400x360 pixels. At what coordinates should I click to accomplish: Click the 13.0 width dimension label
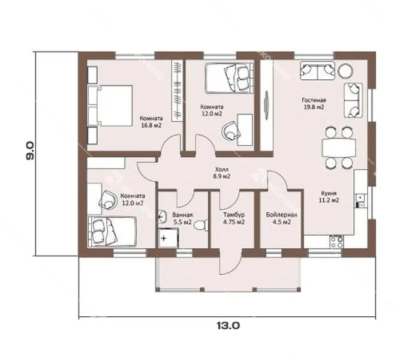(228, 325)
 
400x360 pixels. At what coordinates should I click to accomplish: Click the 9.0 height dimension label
(30, 151)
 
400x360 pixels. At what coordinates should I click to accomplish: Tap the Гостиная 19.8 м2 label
(314, 103)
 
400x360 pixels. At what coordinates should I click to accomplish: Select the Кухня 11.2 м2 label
(329, 197)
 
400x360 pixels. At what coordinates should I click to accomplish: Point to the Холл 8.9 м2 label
(222, 173)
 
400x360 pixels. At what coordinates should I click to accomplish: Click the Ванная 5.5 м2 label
(183, 218)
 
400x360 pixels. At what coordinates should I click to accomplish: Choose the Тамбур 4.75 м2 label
(234, 218)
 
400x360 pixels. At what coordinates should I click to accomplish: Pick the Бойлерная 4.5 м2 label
(281, 218)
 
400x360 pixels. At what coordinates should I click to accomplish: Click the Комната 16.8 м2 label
(151, 122)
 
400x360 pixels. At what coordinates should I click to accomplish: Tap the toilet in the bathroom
(201, 225)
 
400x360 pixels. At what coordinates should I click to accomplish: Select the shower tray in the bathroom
(168, 238)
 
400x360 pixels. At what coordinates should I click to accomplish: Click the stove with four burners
(336, 242)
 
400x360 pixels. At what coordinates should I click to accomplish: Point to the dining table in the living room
(339, 148)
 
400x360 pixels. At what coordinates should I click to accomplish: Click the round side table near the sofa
(345, 70)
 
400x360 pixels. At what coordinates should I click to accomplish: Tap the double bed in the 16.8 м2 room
(110, 106)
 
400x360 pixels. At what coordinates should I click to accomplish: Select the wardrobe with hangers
(178, 91)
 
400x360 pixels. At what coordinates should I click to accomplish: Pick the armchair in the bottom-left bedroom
(108, 200)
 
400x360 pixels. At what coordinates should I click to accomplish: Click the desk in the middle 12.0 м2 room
(245, 130)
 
